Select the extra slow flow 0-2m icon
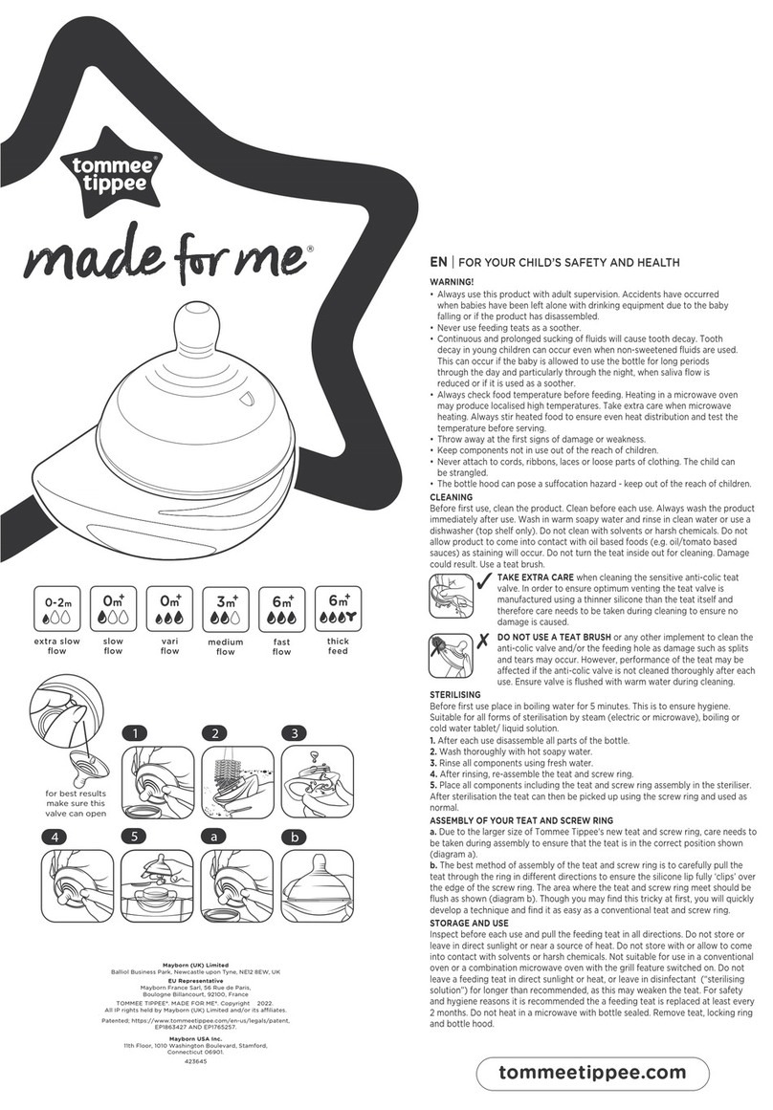pos(56,609)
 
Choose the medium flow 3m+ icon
pos(226,609)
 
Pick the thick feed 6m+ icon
pos(338,609)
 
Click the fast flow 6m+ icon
pos(282,609)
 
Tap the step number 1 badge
pos(135,732)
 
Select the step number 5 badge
pos(135,837)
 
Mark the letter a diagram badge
pos(214,837)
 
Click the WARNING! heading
pos(452,282)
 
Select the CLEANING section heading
pos(452,498)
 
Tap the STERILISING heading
pos(455,694)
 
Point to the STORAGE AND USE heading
pos(469,924)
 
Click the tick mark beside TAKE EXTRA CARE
pos(485,582)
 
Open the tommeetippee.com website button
pos(592,1073)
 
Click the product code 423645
pos(195,1062)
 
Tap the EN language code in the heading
pos(438,262)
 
